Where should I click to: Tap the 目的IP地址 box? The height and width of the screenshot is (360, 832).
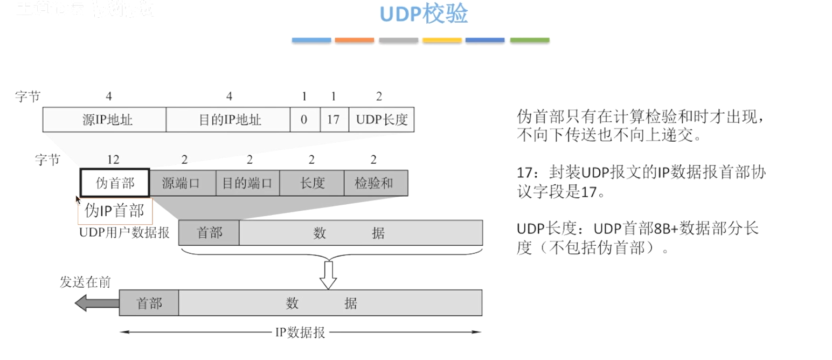[x=228, y=119]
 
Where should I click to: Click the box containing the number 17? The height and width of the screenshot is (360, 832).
[x=334, y=119]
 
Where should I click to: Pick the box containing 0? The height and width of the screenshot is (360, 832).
[x=304, y=119]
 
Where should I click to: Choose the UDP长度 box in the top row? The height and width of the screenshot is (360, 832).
[x=382, y=119]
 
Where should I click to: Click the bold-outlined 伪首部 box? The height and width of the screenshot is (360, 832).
[x=114, y=183]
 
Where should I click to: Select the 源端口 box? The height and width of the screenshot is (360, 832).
[x=182, y=183]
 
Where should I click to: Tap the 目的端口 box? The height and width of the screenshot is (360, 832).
[x=247, y=183]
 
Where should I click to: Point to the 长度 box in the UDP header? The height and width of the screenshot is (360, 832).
[x=311, y=183]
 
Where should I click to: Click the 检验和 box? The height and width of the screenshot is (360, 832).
[x=375, y=183]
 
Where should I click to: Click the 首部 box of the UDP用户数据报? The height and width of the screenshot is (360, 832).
[x=209, y=233]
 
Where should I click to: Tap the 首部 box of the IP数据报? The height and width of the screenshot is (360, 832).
[x=149, y=303]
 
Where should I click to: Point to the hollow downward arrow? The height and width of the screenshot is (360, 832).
[x=328, y=275]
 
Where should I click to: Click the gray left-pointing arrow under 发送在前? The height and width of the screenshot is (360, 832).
[x=96, y=303]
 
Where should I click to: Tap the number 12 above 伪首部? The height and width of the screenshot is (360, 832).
[x=113, y=160]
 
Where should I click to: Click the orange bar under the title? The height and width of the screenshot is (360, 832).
[x=354, y=40]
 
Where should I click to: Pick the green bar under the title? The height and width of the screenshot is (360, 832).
[x=529, y=40]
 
